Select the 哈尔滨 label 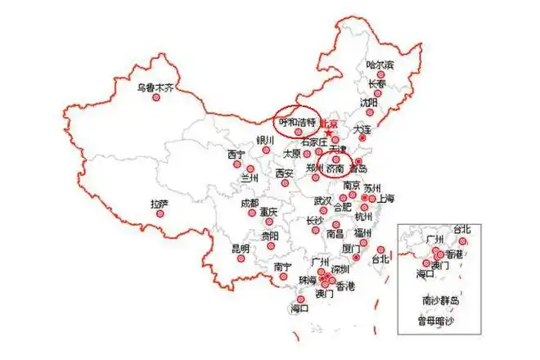(x=380, y=65)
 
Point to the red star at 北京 (x=329, y=133)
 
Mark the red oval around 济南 (x=335, y=164)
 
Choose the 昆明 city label (x=241, y=248)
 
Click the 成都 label (x=250, y=202)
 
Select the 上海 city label (x=385, y=198)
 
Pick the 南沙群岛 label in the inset (x=441, y=300)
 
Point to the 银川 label (x=265, y=140)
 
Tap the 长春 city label (x=377, y=83)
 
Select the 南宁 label (x=283, y=267)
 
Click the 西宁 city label (x=236, y=154)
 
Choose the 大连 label (x=362, y=130)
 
